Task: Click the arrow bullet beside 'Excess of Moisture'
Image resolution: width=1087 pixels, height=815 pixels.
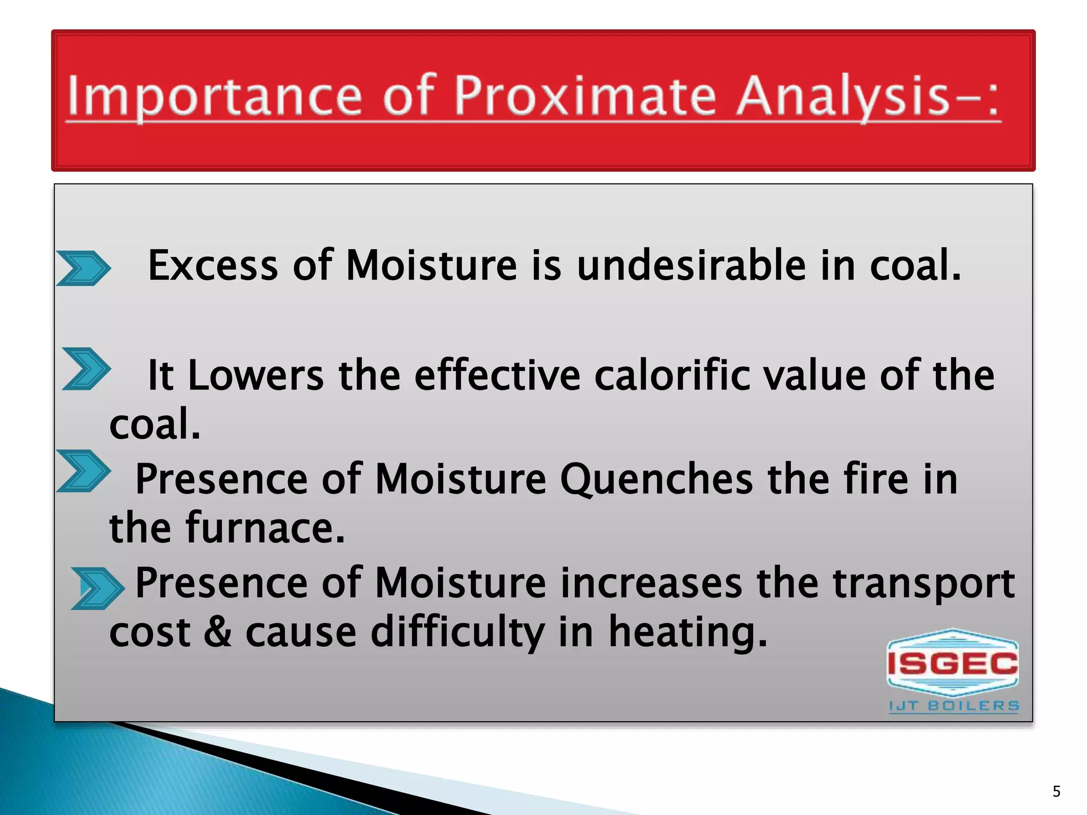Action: click(83, 268)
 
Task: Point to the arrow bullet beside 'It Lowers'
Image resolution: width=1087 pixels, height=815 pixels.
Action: click(86, 369)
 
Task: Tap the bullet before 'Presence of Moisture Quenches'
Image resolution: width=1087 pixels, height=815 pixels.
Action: click(83, 471)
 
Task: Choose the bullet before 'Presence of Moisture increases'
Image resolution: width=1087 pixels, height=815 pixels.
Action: click(97, 588)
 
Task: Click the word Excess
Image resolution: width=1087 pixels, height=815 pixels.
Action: click(212, 265)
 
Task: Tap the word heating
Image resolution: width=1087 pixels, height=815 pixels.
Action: click(687, 632)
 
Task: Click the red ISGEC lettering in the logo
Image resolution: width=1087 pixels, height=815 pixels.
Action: click(952, 663)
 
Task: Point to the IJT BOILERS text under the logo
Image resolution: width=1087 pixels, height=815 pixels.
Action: click(954, 706)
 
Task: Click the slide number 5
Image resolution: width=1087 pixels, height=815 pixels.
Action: click(1056, 792)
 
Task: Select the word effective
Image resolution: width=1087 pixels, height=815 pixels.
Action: click(497, 376)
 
